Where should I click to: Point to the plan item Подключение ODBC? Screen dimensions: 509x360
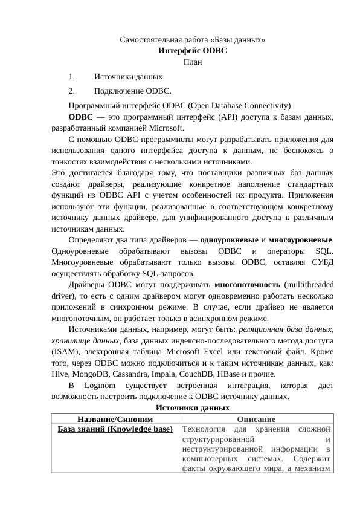[x=133, y=92]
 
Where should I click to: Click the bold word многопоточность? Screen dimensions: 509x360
[x=247, y=283]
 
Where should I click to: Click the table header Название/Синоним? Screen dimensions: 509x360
[x=114, y=419]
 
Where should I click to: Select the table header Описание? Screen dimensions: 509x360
[x=256, y=419]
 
